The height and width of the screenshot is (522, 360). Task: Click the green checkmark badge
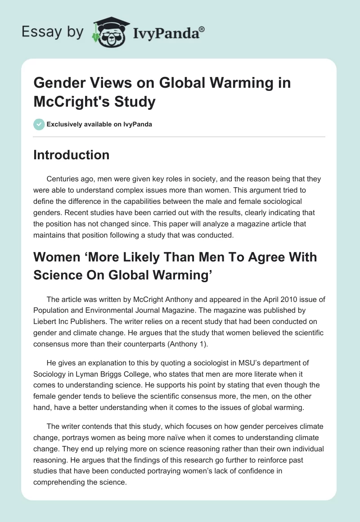tap(39, 124)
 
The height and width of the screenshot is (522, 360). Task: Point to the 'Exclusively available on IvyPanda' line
tap(99, 124)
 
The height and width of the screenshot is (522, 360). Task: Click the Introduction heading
tap(72, 155)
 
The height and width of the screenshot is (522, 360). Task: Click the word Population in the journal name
tap(52, 310)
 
